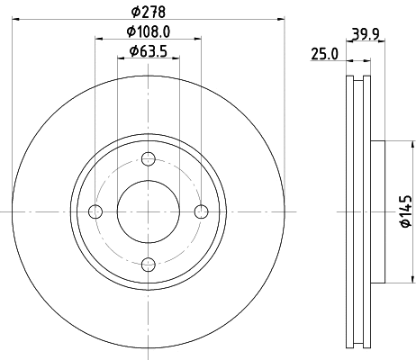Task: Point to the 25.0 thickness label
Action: point(323,54)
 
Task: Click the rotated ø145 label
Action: point(404,211)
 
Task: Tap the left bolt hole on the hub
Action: point(96,211)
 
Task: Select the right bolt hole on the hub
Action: point(202,211)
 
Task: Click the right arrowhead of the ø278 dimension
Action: point(280,18)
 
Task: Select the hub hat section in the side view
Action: point(377,211)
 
